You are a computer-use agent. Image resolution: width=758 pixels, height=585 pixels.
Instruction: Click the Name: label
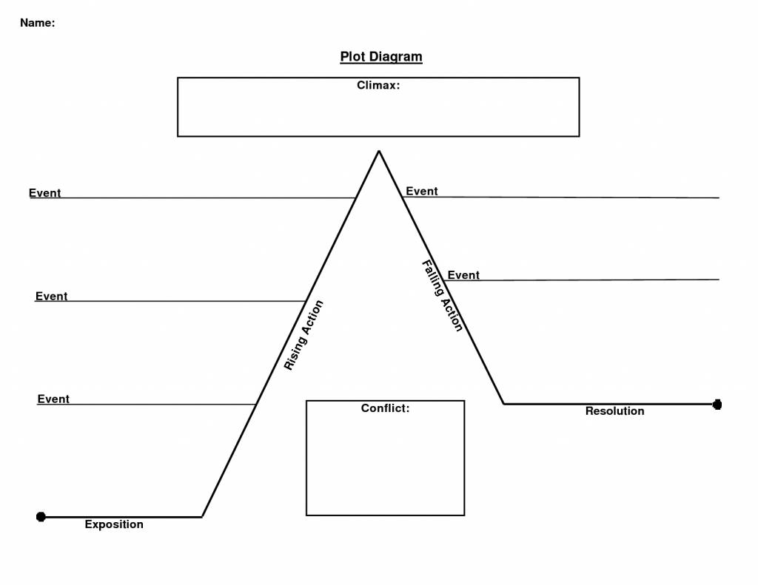tap(37, 23)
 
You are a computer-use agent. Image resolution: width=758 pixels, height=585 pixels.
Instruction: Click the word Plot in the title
tap(353, 57)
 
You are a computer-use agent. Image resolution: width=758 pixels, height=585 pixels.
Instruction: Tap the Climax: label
tap(378, 85)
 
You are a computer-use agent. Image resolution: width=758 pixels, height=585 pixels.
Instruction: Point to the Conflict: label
tap(385, 408)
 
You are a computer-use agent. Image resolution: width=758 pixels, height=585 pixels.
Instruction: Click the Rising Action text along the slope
tap(303, 335)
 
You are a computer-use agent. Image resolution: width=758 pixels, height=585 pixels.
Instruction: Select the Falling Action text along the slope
tap(443, 296)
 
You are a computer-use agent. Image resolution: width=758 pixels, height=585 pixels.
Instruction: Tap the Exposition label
tap(114, 524)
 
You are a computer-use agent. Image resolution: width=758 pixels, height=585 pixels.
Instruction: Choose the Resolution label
tap(614, 411)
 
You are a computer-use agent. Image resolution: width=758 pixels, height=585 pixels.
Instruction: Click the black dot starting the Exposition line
tap(41, 516)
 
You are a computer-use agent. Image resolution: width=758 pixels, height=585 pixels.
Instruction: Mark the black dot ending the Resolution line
tap(717, 404)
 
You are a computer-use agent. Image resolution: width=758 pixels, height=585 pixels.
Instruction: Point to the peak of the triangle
tap(379, 152)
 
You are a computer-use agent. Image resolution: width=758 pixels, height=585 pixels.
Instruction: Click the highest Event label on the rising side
tap(44, 193)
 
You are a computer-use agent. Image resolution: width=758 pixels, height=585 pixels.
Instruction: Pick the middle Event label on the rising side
tap(51, 296)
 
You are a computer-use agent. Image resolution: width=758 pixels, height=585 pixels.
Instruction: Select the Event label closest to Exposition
tap(53, 399)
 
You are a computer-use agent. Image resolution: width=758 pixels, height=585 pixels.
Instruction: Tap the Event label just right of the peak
tap(421, 191)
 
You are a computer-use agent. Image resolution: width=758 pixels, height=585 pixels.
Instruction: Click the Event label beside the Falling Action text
tap(463, 275)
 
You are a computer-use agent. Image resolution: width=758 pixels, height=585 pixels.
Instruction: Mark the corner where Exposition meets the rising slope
tap(202, 516)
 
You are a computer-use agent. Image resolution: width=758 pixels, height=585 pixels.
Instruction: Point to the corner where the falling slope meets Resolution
tap(504, 404)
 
